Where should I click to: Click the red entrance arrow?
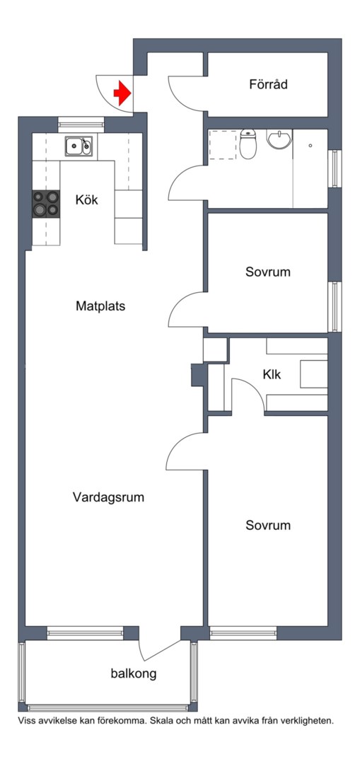pos(123,93)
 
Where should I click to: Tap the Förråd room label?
pos(268,84)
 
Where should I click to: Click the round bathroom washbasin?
pos(280,139)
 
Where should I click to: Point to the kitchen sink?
pos(78,146)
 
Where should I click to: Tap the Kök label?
pos(86,199)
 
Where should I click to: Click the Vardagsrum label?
pos(108,497)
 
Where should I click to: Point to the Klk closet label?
pos(272,374)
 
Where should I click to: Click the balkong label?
pos(133,673)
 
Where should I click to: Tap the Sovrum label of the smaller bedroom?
pos(268,272)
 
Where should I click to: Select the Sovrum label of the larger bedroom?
pos(268,526)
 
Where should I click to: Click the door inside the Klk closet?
pos(246,393)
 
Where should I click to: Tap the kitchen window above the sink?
pos(81,122)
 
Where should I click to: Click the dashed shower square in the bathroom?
pos(222,146)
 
